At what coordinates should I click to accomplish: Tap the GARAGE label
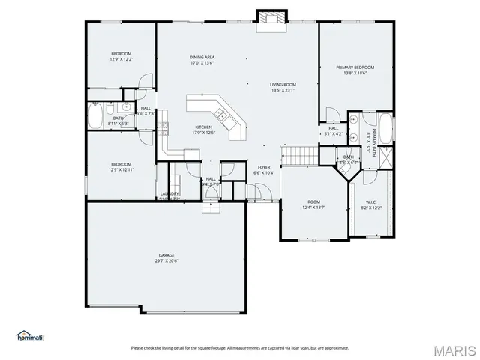click(x=166, y=255)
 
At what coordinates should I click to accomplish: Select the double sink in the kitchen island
click(x=221, y=114)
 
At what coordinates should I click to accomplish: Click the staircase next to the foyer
click(x=300, y=155)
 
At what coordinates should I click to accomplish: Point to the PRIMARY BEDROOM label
click(x=355, y=67)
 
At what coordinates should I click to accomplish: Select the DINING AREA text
click(x=202, y=57)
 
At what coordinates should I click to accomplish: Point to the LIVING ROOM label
click(x=283, y=85)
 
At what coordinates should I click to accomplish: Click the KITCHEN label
click(x=203, y=127)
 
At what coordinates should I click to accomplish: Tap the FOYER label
click(x=264, y=167)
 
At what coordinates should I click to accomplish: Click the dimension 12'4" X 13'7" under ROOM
click(x=313, y=208)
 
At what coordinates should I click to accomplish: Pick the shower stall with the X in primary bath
click(x=385, y=158)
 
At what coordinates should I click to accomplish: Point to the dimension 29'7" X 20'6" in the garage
click(x=166, y=261)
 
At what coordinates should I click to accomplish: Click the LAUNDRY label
click(x=169, y=193)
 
